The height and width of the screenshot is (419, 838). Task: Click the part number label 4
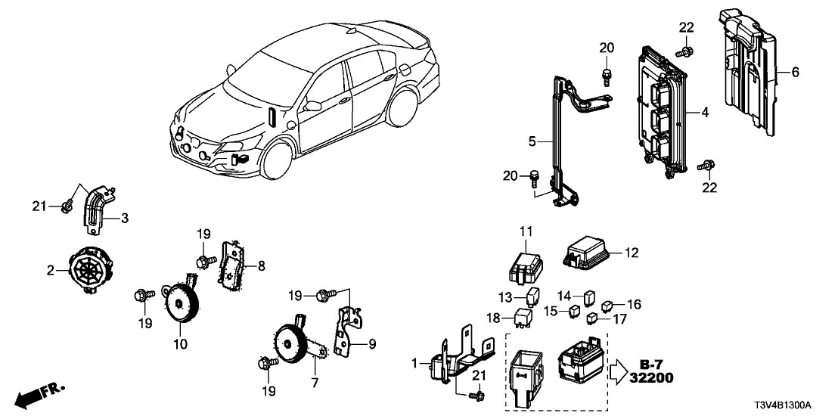click(704, 113)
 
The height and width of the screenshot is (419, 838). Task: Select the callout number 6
click(795, 73)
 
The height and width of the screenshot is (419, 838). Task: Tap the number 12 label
click(632, 251)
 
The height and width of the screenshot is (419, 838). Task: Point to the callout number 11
click(526, 230)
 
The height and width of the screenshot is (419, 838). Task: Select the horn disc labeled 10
click(181, 303)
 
